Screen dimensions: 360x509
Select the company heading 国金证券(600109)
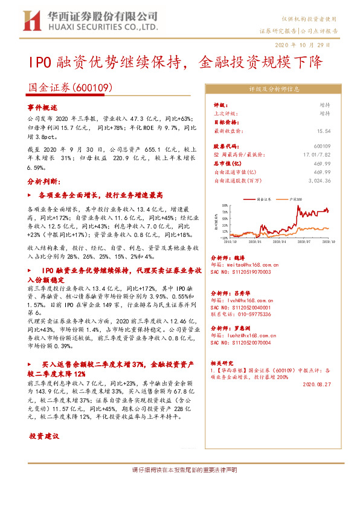[71, 88]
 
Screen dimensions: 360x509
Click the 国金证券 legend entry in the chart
[262, 198]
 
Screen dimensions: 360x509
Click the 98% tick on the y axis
[224, 205]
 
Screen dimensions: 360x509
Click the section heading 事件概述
[43, 106]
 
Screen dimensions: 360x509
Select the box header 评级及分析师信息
[274, 88]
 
